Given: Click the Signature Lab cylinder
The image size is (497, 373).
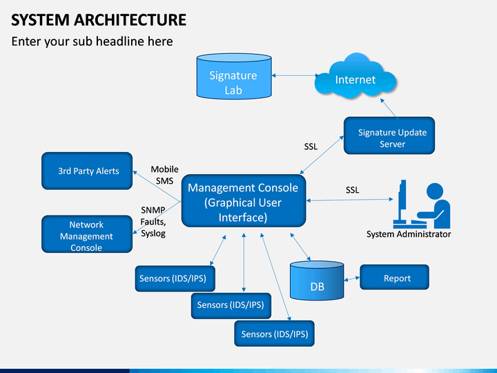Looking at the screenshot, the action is [x=234, y=76].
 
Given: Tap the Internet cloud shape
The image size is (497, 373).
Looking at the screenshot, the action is [x=355, y=77].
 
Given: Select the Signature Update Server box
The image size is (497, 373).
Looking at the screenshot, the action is [x=389, y=136].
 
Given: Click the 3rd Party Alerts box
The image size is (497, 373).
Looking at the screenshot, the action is [x=87, y=171].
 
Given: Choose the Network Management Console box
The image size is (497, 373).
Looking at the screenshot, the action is [x=87, y=234].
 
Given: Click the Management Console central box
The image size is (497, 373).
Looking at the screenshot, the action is [x=244, y=201].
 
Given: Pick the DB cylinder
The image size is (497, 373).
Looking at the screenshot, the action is [x=317, y=280].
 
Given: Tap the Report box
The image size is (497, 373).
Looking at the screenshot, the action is [x=394, y=277].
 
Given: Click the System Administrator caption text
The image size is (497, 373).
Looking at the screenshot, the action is [x=409, y=234].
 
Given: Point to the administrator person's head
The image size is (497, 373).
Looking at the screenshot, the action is [x=435, y=191].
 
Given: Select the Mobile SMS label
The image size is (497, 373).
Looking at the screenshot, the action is [x=164, y=175].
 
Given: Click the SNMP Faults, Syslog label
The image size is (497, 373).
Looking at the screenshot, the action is [x=153, y=222].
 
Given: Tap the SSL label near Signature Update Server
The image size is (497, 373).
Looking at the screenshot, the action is [x=311, y=146].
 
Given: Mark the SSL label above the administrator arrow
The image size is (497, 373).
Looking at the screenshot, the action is [x=352, y=190].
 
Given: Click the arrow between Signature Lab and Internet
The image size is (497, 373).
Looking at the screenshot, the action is [x=295, y=75].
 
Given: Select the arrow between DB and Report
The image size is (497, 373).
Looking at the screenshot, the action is [x=352, y=279].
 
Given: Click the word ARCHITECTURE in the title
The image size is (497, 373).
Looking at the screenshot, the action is [x=130, y=20].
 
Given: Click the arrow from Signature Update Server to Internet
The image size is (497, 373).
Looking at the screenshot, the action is [x=388, y=108].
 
